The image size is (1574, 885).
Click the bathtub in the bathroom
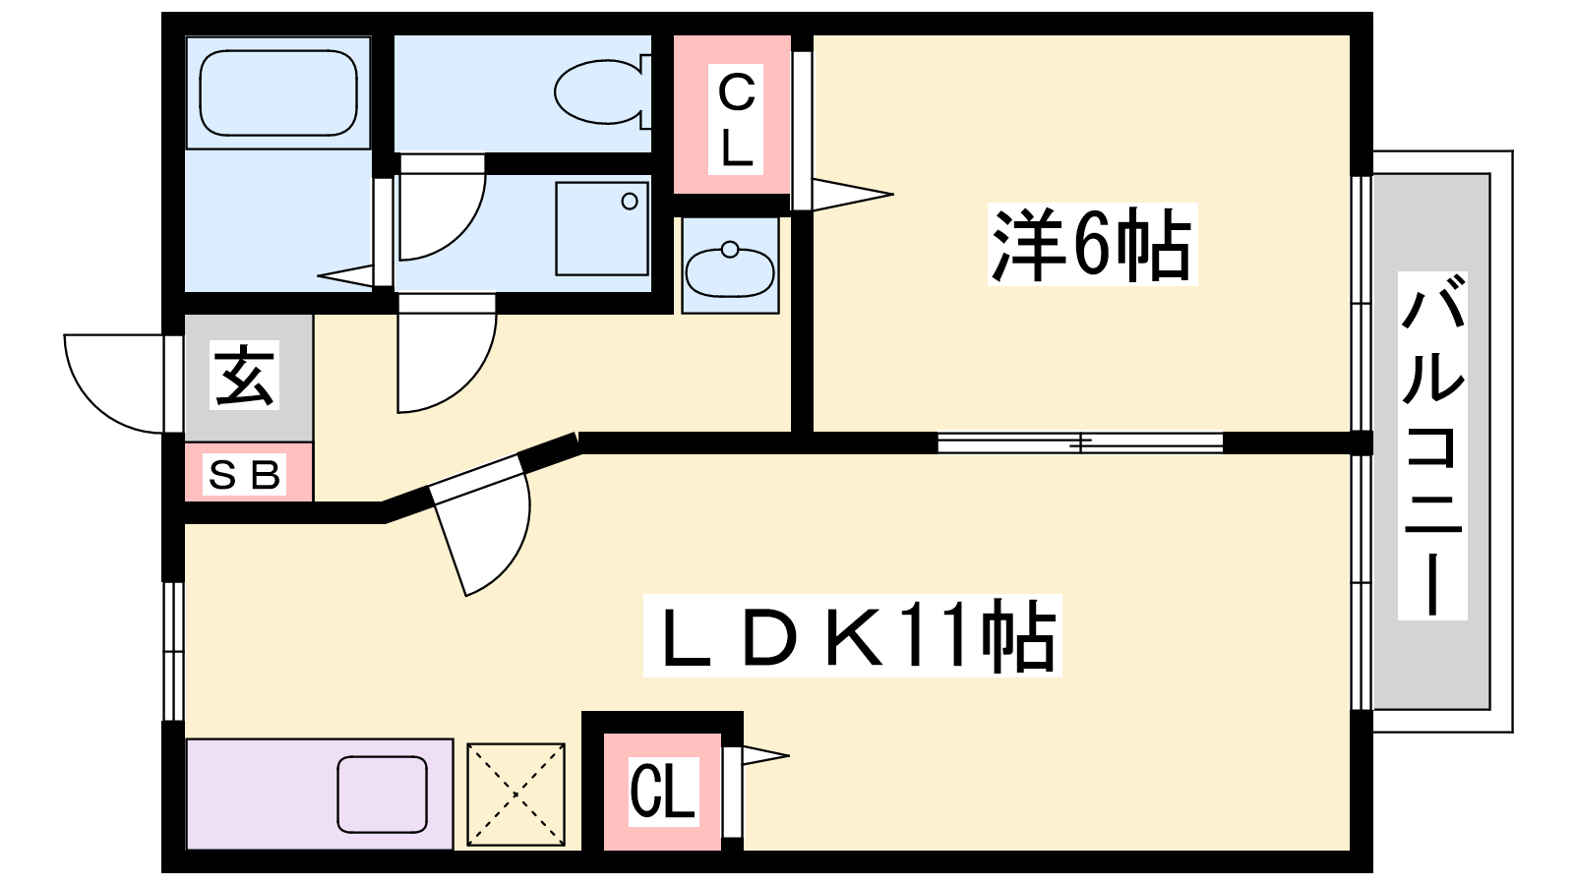(x=278, y=92)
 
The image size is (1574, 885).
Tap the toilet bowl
(x=602, y=92)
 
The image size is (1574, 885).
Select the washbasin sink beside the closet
(x=729, y=269)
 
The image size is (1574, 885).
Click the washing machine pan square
(x=601, y=229)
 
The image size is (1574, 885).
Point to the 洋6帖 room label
(x=1092, y=245)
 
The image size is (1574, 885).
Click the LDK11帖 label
(x=852, y=635)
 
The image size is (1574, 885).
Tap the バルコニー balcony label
(x=1432, y=445)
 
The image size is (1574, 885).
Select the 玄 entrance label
(x=244, y=375)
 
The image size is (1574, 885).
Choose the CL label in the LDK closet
(x=663, y=792)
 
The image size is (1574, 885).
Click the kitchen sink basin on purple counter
(x=383, y=795)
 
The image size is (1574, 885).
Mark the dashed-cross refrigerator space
(x=515, y=795)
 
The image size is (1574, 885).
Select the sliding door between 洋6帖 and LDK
(x=1080, y=442)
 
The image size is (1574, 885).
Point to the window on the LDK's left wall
(x=173, y=651)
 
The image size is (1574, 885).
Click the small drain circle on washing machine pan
(x=630, y=202)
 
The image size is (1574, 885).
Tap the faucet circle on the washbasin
(x=730, y=249)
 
